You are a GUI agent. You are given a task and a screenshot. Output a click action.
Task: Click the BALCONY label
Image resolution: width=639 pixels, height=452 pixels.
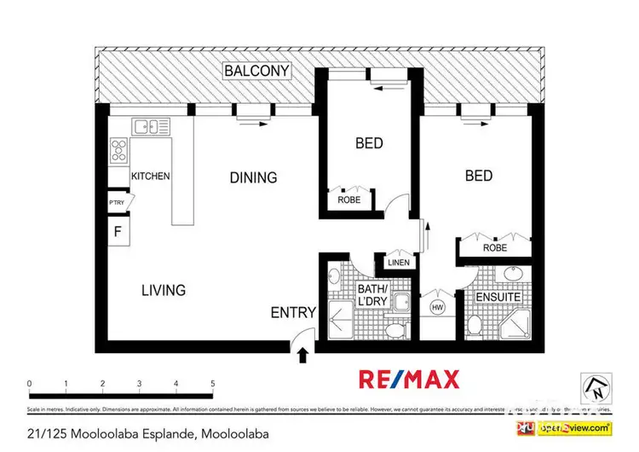[x=256, y=71]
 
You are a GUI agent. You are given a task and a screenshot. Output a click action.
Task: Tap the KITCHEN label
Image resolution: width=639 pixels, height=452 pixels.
[x=150, y=177]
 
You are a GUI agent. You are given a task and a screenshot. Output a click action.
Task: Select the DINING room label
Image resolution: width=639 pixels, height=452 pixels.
[x=253, y=177]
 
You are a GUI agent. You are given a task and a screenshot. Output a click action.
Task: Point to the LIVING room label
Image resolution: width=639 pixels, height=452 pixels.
[x=164, y=290]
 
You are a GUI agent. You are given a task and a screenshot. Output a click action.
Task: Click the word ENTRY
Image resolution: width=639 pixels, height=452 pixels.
[x=293, y=312]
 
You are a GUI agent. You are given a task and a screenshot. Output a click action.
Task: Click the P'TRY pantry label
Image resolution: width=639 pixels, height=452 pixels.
[x=117, y=202]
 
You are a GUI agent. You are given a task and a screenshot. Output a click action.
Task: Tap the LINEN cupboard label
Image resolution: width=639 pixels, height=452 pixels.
[x=399, y=263]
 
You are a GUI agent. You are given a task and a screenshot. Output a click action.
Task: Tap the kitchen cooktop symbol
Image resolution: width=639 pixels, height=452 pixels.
[x=118, y=154]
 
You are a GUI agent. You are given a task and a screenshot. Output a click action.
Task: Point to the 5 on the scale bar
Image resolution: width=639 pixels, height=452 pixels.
[x=212, y=384]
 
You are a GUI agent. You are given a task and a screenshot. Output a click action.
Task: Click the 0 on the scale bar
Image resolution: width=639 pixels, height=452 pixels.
[x=29, y=384]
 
